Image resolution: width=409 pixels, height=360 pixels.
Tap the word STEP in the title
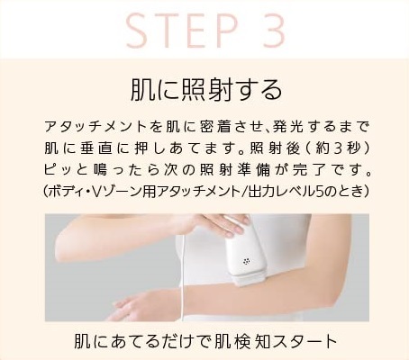(182, 30)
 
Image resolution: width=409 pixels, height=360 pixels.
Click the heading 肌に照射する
(206, 90)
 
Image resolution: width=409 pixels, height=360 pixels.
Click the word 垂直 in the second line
(96, 148)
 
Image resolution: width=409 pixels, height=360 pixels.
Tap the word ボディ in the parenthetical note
(67, 192)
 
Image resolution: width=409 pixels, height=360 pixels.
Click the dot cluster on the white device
(247, 261)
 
